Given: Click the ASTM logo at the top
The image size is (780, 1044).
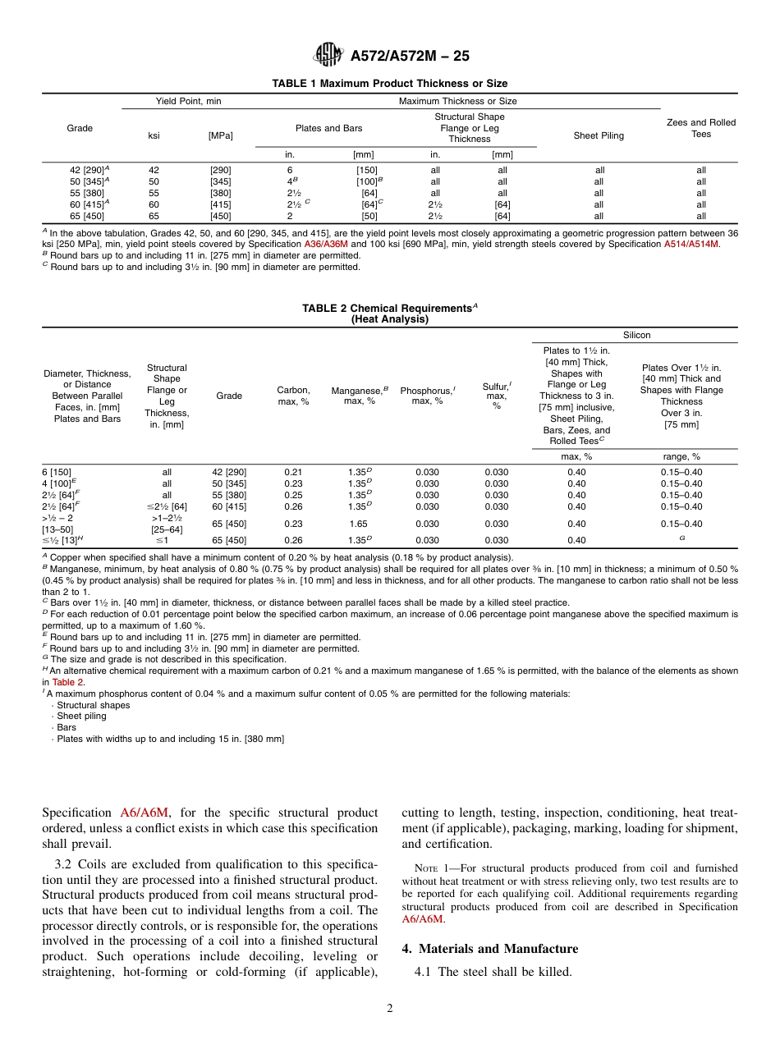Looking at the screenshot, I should pos(328,56).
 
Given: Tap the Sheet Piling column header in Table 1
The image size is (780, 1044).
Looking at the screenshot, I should pos(599,135).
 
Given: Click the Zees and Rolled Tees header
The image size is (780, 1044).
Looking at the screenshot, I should pos(701,128).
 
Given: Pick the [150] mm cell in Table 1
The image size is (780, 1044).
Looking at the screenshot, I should pos(365,170).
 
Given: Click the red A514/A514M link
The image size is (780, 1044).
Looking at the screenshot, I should pos(691,244).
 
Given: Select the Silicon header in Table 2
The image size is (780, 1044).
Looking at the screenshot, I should pos(636,335).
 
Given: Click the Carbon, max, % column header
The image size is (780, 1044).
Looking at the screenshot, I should pos(293,396).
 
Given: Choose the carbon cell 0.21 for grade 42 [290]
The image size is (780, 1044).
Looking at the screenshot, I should pos(293,472).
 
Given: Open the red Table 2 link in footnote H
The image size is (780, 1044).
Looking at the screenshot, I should pos(68,682).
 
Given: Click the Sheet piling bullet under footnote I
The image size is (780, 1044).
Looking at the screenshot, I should pos(81,716).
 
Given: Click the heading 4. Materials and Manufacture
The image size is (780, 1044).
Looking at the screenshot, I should pos(489,949).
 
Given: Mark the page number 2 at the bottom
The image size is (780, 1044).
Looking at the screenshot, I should pos(390,1009).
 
